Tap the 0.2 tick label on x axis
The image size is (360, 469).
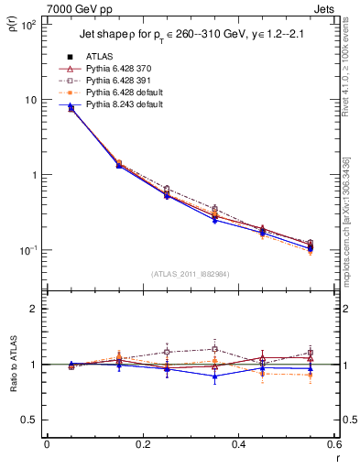(x=142, y=444)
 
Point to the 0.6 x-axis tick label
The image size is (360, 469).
(x=333, y=444)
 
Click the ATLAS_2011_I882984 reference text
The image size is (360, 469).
(x=190, y=273)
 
